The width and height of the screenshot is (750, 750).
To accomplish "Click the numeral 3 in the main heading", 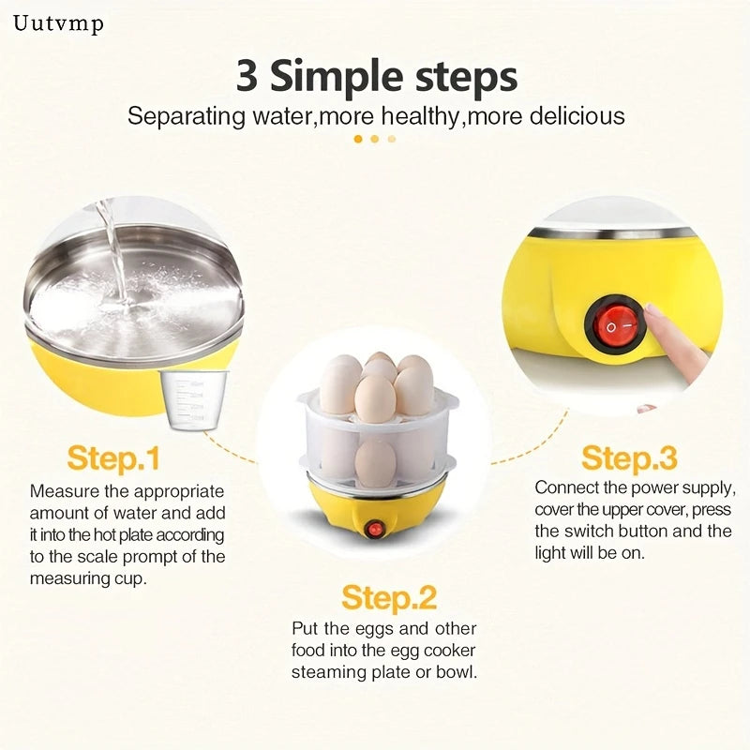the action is pos(247,76).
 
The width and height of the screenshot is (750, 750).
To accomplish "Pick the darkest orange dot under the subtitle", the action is pos(358,139).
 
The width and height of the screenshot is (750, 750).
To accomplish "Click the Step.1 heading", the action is pos(113,458).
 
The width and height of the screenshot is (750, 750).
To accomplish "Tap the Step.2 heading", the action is pos(389,598).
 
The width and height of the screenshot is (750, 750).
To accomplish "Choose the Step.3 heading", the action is pos(629,458).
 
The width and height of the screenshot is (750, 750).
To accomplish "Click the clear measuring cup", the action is pos(193,400).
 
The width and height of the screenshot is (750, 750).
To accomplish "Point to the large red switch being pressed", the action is pos(615,324).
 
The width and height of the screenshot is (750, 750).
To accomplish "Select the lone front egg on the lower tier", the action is pos(376,462).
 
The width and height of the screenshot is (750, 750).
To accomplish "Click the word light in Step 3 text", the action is pos(550,553).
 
